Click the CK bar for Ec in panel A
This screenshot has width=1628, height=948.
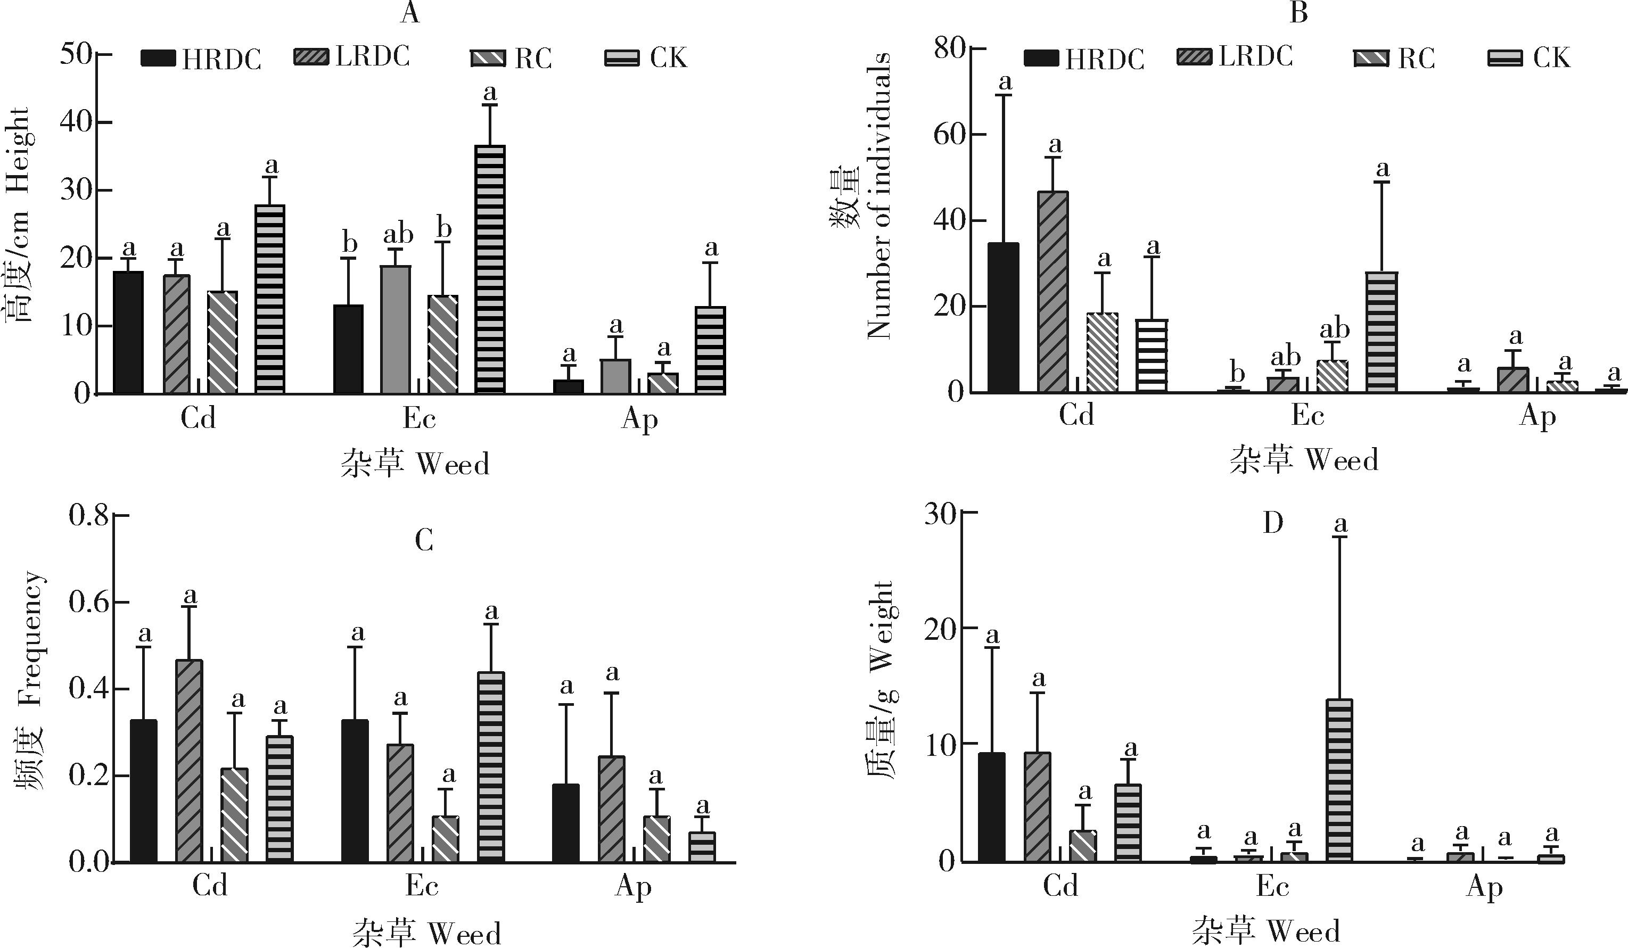point(490,269)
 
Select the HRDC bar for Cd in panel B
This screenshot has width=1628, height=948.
point(1004,318)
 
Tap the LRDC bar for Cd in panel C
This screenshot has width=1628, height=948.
point(190,761)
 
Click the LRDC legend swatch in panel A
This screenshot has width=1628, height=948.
point(310,57)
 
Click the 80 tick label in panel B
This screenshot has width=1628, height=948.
point(950,48)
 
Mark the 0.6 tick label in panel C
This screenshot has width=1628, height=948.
point(88,603)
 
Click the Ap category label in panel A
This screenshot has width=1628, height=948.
point(639,421)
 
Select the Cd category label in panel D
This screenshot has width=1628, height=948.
point(1060,887)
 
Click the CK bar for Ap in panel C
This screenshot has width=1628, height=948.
point(702,847)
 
